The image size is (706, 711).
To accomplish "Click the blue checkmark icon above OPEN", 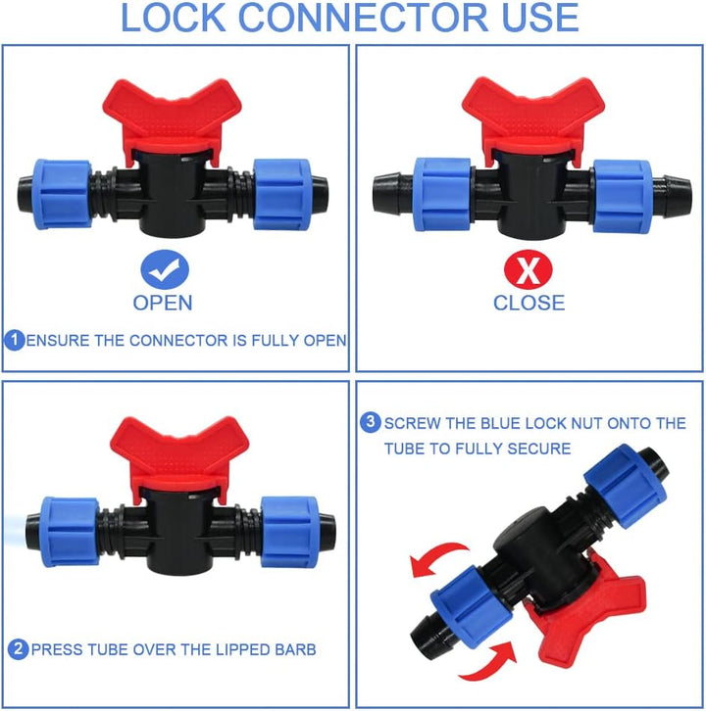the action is coord(165,269).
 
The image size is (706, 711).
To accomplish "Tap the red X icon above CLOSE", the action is coord(528,269).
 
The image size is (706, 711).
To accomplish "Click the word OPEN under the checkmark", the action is coord(163,303).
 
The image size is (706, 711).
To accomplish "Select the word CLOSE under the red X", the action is coord(529,303).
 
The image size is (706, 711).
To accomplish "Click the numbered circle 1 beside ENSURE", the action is coord(15,340).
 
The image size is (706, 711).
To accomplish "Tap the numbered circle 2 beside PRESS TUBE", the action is coord(19,649).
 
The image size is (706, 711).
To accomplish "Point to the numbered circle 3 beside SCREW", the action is coord(371,422).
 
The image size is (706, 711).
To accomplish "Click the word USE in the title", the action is coord(540,18).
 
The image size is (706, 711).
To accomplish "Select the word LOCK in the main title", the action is coord(173,18).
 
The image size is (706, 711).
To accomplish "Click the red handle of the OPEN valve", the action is coord(172,119).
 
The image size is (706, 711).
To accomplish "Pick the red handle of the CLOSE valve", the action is coord(533,118).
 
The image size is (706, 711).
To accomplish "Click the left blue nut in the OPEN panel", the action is coord(64,194).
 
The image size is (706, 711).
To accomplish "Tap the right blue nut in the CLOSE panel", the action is coord(623,196).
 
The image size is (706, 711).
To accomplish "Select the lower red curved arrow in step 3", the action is coord(489,662).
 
